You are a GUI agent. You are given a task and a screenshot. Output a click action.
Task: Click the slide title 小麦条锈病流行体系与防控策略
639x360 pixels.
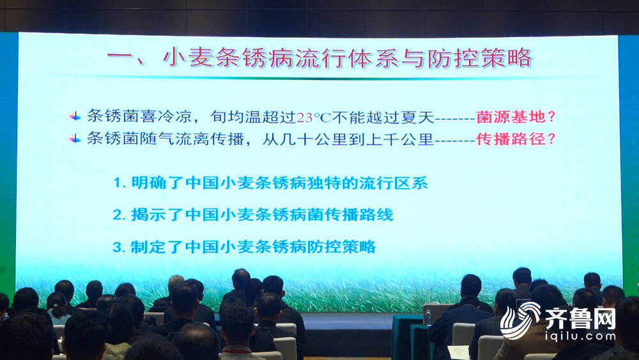(348, 58)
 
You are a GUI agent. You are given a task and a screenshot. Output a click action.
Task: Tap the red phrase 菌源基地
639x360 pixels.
(511, 117)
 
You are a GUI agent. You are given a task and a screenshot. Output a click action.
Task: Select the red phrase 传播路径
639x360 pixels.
(511, 139)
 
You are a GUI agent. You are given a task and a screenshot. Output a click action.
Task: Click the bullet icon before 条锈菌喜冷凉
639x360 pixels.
(75, 116)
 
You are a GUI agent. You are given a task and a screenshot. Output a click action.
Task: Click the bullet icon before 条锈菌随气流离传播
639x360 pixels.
(75, 139)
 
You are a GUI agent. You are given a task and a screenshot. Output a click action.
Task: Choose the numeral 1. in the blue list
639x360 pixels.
(119, 183)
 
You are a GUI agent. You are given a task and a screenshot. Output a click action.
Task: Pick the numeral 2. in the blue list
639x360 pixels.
(119, 215)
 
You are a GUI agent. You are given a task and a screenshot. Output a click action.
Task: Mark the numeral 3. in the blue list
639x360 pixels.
(119, 247)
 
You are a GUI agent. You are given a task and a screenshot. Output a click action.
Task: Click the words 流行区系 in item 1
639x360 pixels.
(393, 183)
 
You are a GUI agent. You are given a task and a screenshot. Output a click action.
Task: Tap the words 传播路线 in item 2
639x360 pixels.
(358, 214)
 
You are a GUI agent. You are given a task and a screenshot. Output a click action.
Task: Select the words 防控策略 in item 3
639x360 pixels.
(341, 247)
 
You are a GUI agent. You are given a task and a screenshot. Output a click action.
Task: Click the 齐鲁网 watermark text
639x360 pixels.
(580, 319)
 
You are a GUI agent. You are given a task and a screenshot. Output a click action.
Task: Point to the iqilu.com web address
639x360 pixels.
(580, 337)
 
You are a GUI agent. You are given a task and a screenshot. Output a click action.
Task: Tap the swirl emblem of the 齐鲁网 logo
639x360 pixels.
(520, 320)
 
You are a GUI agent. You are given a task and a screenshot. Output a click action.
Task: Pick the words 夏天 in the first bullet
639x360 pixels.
(417, 117)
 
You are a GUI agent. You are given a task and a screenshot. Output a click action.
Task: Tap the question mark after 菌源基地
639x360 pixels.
(551, 117)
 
